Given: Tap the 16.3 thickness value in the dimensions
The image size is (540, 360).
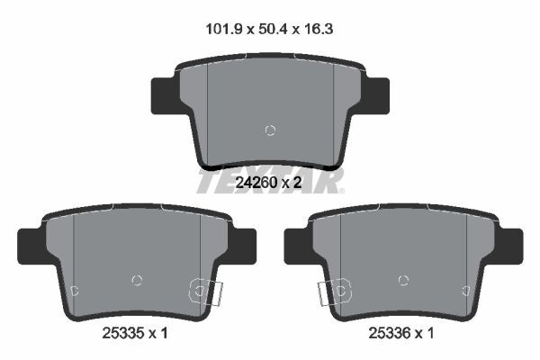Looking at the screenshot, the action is point(319,30).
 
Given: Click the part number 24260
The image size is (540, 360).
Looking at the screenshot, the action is point(256,183).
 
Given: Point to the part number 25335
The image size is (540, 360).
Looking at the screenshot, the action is point(122,333).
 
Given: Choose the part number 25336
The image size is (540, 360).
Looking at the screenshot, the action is point(389,333).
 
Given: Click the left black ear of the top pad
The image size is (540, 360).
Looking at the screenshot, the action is point(165,96).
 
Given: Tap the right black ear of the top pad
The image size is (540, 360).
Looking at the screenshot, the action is point(376,96).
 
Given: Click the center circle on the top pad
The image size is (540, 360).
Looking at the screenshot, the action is point(270,130).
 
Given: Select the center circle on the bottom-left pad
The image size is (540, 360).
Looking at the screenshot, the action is point(137,281).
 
